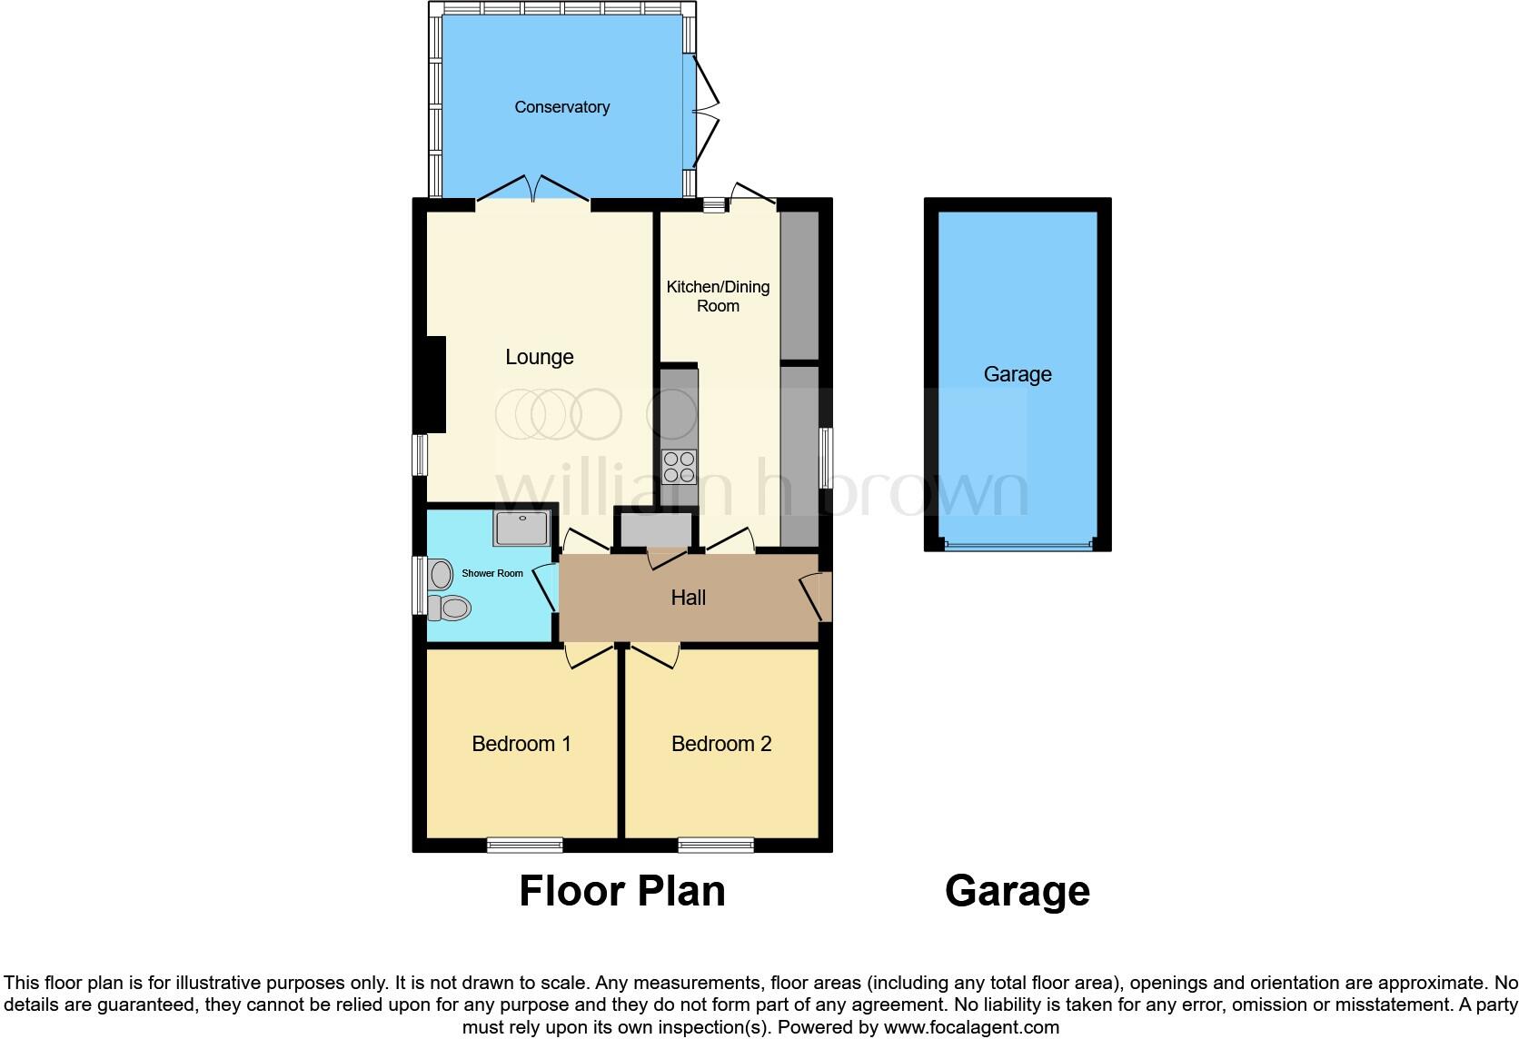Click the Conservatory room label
(561, 107)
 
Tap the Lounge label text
(539, 357)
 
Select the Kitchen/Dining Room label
(718, 296)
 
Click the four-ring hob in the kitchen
(679, 467)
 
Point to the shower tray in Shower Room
(521, 528)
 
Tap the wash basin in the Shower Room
(442, 574)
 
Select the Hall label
(688, 598)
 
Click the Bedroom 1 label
(521, 744)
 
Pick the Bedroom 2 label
(721, 744)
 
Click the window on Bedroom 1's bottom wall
(524, 845)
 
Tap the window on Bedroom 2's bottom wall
(716, 845)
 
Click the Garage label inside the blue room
(1018, 374)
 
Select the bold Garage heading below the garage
(1017, 891)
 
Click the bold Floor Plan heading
(621, 891)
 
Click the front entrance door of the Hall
(817, 597)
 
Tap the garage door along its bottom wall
(1018, 546)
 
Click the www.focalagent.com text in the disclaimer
(971, 1027)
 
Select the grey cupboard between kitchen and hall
(656, 530)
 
